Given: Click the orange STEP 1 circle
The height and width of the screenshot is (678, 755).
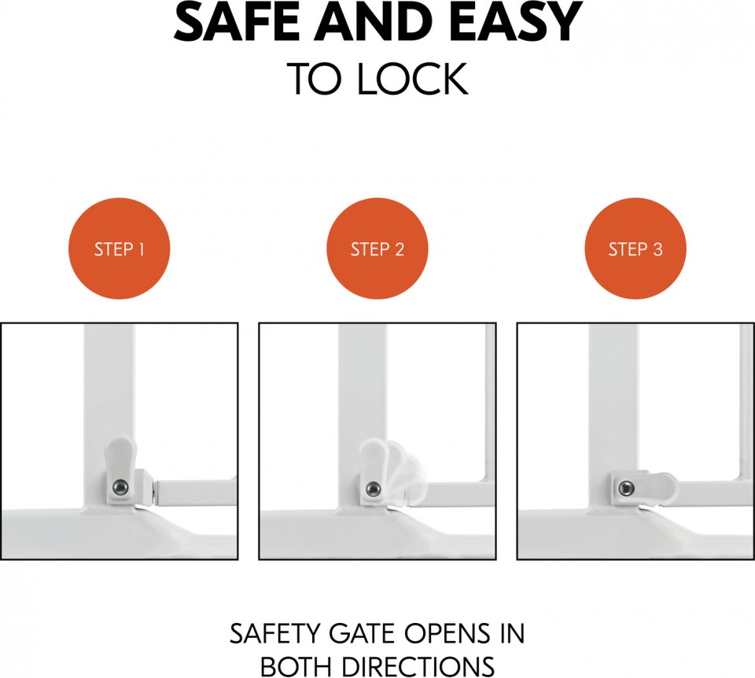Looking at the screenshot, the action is [x=120, y=248].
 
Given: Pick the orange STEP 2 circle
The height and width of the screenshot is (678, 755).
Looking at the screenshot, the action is [x=377, y=248].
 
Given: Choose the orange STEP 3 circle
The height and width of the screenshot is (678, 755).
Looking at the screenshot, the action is [x=635, y=248].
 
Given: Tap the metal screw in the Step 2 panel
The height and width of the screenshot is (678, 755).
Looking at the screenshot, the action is [x=373, y=488].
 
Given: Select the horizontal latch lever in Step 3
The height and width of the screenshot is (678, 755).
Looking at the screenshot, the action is [x=645, y=488].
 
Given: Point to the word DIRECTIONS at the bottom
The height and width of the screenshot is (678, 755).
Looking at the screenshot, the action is [x=417, y=667].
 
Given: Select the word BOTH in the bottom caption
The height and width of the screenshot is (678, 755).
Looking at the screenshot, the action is [x=296, y=667].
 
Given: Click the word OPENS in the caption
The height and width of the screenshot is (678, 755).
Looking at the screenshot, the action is [x=445, y=634].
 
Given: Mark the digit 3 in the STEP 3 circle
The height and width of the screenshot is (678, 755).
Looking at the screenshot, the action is [x=657, y=249].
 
